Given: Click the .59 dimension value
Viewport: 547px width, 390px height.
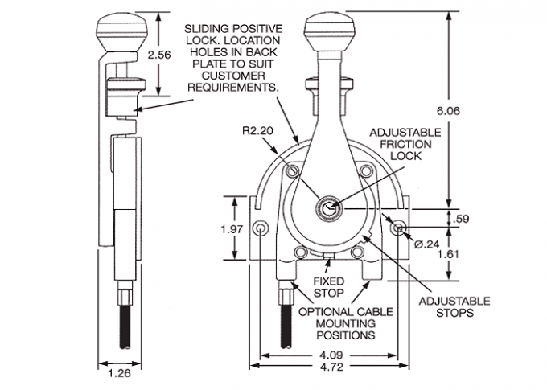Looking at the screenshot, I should tap(462, 218).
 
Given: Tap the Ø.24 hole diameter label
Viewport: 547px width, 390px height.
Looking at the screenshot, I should tap(429, 242).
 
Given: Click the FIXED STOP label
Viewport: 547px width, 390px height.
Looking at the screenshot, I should tap(327, 287).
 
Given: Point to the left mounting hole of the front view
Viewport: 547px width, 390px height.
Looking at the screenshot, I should tap(261, 230).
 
